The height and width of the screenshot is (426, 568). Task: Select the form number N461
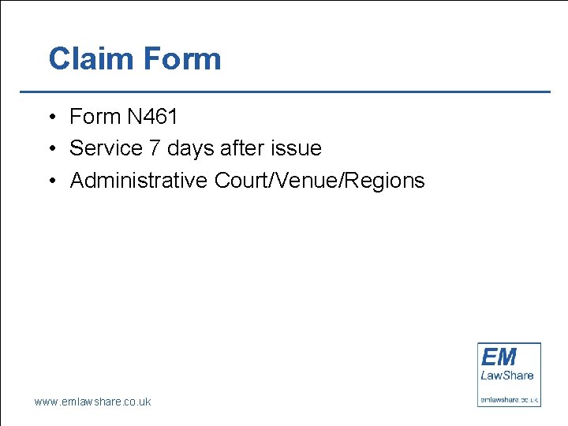click(152, 117)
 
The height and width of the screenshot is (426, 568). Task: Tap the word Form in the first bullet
click(95, 117)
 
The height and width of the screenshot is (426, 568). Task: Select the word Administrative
click(139, 181)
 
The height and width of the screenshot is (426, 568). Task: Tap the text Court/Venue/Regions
click(319, 181)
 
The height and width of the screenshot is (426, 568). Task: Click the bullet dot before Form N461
click(50, 118)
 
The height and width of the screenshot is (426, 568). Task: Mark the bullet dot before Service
click(50, 149)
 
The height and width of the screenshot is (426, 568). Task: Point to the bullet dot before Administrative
click(50, 181)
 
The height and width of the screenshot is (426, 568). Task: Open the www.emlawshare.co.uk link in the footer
click(92, 402)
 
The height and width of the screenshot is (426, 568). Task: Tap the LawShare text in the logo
click(507, 376)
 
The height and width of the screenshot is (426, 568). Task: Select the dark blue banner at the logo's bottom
click(510, 399)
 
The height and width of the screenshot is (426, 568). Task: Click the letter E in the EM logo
click(489, 356)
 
